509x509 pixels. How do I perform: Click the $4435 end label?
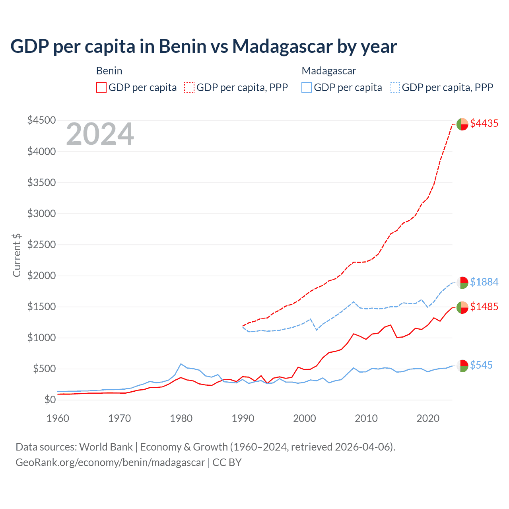(484, 123)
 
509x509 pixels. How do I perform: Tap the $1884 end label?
(484, 282)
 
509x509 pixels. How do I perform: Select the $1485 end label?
(484, 307)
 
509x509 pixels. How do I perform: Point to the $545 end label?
(481, 365)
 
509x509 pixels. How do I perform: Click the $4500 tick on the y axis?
(41, 120)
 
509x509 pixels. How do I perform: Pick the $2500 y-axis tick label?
(41, 245)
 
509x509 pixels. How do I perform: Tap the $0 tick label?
(50, 400)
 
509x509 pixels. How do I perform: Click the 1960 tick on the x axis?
(58, 418)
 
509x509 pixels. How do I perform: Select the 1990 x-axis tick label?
(243, 418)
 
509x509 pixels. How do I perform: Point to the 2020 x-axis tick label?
(428, 418)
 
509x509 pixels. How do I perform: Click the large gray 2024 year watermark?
(100, 134)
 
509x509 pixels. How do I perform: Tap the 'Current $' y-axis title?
(17, 255)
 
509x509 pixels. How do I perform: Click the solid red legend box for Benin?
(101, 87)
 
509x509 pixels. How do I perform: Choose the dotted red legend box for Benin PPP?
(190, 87)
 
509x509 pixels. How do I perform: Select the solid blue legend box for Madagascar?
(307, 87)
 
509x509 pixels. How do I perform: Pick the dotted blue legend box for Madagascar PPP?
(395, 87)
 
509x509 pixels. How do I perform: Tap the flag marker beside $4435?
(462, 124)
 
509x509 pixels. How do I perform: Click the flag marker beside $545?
(462, 366)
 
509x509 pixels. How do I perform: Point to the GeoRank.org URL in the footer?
(110, 462)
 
